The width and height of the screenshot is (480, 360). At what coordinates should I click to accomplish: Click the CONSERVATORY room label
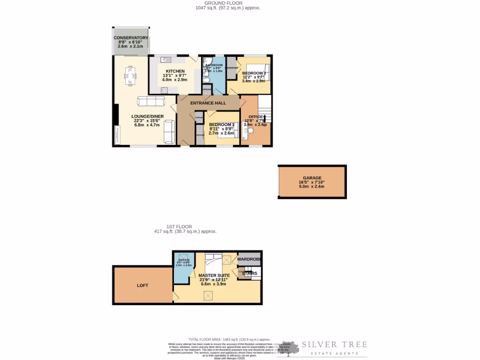click(x=131, y=38)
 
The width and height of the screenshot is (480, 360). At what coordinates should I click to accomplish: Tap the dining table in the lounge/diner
click(x=131, y=75)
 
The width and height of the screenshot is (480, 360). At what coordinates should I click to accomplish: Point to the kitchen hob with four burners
click(x=165, y=90)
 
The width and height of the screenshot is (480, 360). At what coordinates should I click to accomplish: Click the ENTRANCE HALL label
click(x=208, y=103)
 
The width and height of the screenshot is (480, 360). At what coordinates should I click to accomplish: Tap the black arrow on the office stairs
click(x=264, y=118)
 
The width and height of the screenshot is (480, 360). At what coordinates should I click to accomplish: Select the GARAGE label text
click(x=312, y=178)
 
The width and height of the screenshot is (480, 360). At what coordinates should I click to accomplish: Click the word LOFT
click(x=142, y=285)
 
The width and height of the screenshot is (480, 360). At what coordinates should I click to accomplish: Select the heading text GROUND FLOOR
click(x=227, y=3)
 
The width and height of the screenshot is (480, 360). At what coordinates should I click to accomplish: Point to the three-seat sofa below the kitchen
click(x=150, y=102)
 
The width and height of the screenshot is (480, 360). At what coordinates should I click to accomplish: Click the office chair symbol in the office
click(x=250, y=131)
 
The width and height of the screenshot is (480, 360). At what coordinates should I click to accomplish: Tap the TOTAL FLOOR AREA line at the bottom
click(x=229, y=339)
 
